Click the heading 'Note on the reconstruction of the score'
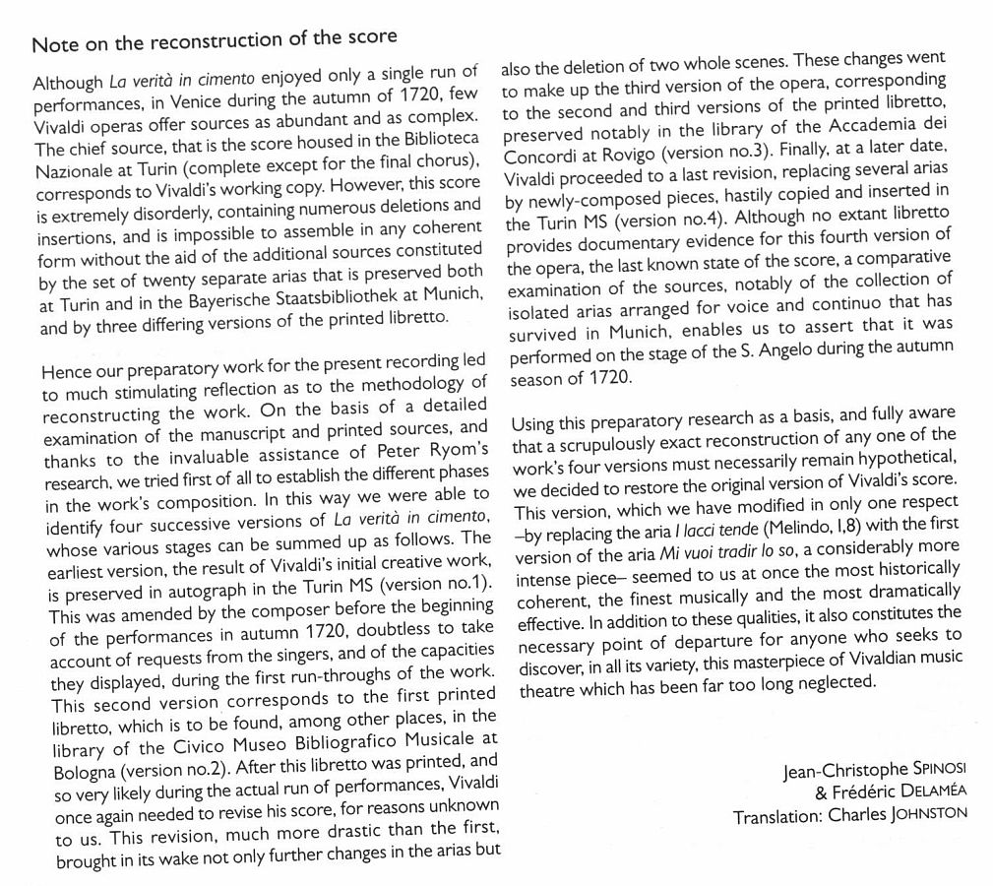point(215,41)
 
